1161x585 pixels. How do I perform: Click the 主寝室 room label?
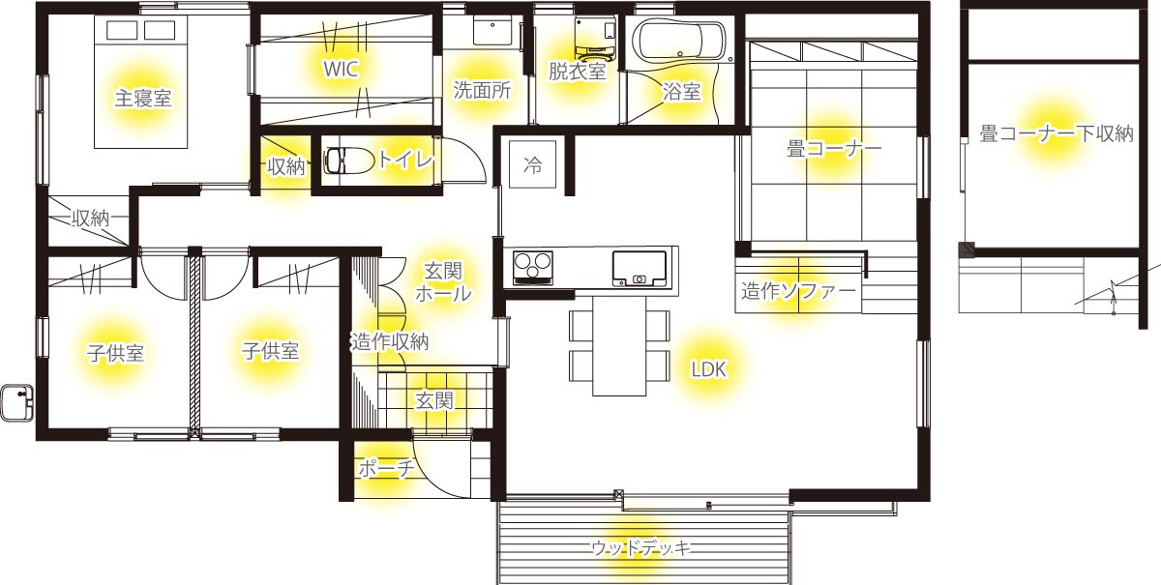[142, 98]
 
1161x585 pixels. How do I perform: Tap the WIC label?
[341, 69]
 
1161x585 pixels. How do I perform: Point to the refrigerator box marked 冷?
[532, 164]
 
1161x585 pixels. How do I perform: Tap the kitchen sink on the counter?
[640, 269]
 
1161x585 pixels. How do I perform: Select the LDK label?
[708, 369]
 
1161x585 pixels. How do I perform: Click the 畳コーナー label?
[833, 149]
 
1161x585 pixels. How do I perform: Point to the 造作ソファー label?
[798, 291]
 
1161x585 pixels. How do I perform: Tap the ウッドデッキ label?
[641, 547]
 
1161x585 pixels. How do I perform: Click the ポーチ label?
[387, 468]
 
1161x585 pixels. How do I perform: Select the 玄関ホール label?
[443, 282]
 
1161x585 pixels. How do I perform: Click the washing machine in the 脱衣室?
[595, 37]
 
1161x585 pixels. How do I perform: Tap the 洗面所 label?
[482, 90]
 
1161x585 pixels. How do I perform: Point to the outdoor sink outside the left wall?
[17, 402]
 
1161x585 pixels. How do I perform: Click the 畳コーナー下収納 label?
[1057, 133]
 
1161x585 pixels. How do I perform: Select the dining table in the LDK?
[619, 345]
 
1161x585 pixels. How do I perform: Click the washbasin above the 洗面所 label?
[491, 31]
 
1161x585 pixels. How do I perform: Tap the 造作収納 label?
[390, 341]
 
